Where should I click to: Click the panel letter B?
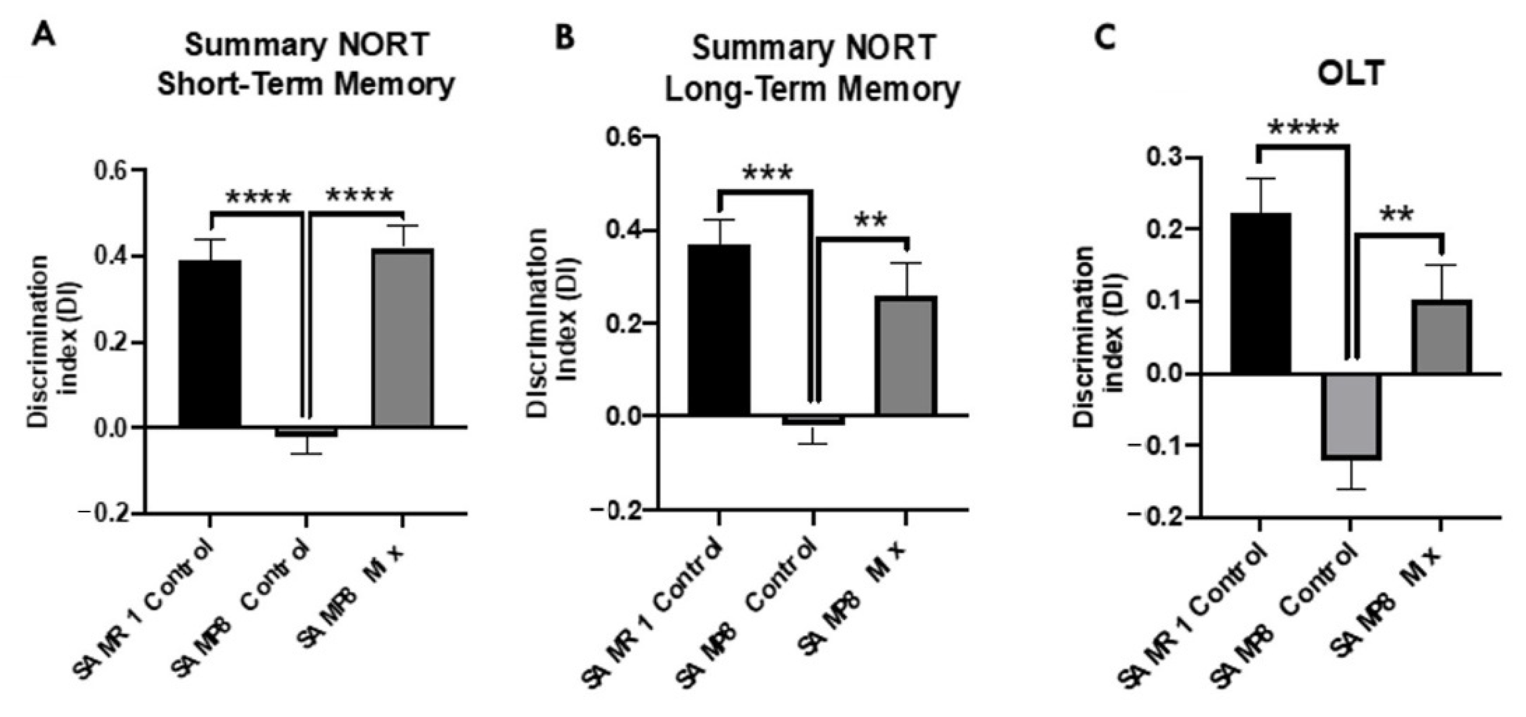564,38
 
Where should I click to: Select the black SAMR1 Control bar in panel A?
210,344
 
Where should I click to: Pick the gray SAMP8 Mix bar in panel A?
402,337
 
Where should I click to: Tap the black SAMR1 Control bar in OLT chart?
1260,293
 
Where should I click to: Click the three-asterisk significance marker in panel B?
767,173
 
